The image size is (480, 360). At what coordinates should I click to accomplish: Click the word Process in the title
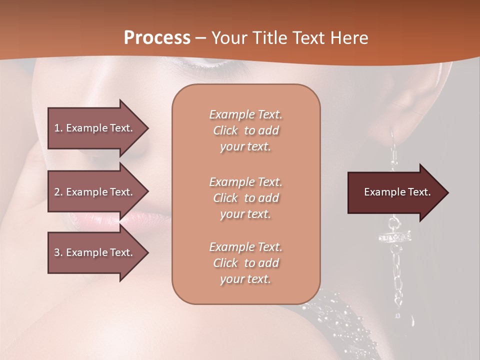(157, 38)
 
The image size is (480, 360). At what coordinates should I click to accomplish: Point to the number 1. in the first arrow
(58, 128)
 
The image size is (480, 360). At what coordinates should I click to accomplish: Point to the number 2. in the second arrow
(58, 192)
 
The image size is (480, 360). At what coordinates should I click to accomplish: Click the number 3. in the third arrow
(58, 252)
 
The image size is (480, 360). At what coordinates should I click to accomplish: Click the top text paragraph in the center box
(245, 130)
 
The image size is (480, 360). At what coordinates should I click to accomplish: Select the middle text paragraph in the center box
(245, 198)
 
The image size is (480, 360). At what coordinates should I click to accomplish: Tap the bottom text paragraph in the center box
(245, 263)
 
